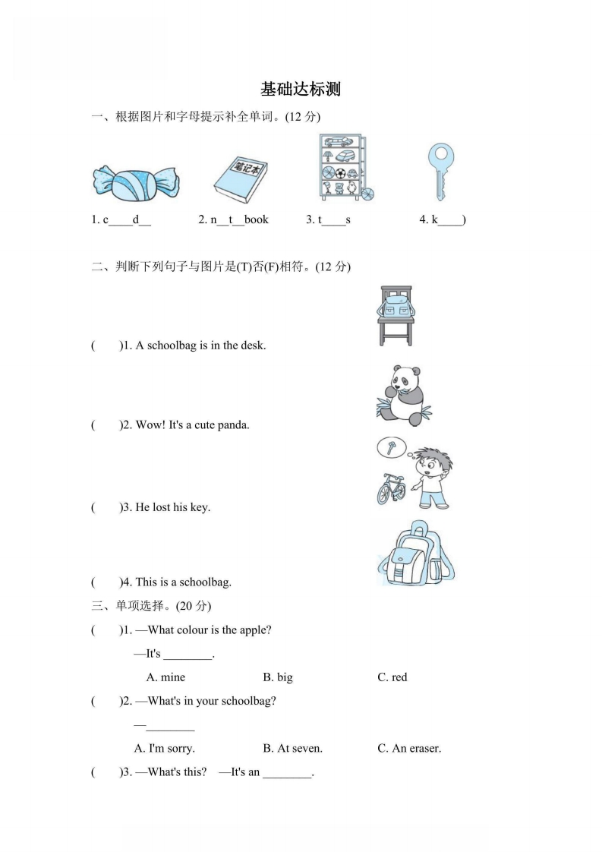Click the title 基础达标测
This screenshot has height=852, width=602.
pos(301,90)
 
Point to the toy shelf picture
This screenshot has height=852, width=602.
pos(344,168)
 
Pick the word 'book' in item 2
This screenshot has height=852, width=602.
pos(256,219)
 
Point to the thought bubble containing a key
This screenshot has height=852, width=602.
pos(392,447)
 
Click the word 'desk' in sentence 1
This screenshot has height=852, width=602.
pos(252,346)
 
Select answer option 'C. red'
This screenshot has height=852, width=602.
pos(392,677)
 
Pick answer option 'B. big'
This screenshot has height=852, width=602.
pos(278,677)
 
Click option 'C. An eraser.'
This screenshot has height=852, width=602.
pos(409,748)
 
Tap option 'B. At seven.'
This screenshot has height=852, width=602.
pos(292,748)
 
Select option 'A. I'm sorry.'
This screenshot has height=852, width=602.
pos(164,748)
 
